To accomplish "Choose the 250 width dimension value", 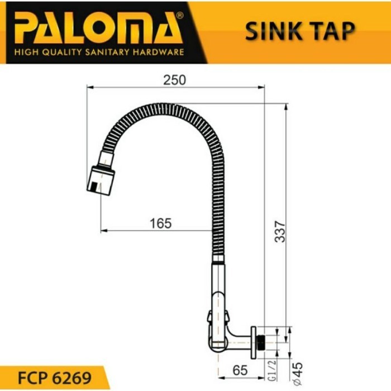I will (x=174, y=80).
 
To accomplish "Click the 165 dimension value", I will (x=161, y=223).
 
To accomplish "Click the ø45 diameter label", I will (x=295, y=368).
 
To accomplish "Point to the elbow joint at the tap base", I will (x=221, y=341).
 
